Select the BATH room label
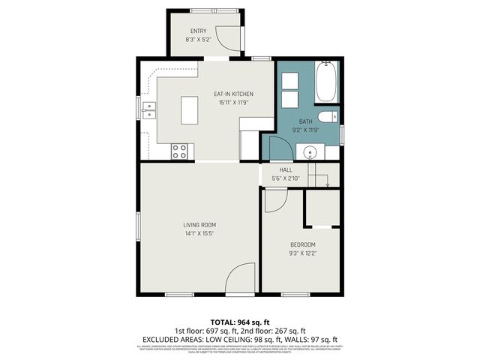point(306,121)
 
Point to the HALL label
point(286,170)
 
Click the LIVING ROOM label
point(199,225)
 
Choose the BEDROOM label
point(303,245)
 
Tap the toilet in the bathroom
point(328,116)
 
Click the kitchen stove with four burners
point(180,151)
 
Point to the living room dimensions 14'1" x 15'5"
point(199,234)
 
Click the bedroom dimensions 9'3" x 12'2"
point(303,254)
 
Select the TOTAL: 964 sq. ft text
point(239,321)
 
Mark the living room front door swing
point(241,278)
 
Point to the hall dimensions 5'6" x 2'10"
point(286,178)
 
